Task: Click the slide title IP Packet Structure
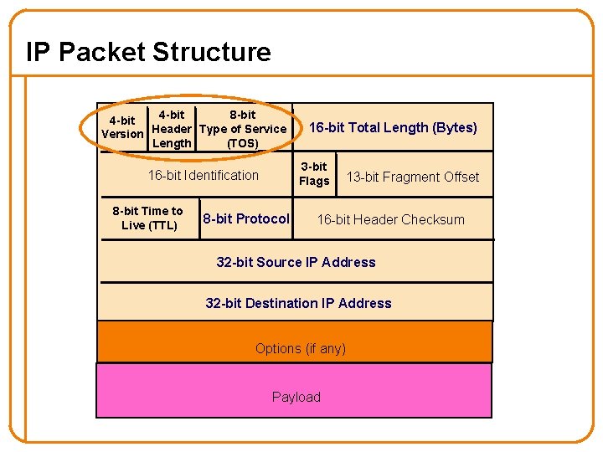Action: click(148, 52)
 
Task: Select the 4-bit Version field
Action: click(122, 128)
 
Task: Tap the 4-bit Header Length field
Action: click(172, 129)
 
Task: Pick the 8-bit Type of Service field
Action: click(243, 129)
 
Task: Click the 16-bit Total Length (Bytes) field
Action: click(393, 128)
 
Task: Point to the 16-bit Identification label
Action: click(204, 176)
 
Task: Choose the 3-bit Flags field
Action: click(314, 174)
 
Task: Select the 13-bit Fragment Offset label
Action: click(413, 177)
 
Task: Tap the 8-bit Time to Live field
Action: click(148, 218)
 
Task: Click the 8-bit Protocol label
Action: click(245, 219)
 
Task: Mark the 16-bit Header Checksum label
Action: click(390, 220)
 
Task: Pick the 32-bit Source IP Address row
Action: click(296, 263)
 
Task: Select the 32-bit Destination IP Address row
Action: click(298, 304)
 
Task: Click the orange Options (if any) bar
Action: click(300, 348)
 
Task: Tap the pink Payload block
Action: click(296, 397)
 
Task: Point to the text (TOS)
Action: click(243, 143)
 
